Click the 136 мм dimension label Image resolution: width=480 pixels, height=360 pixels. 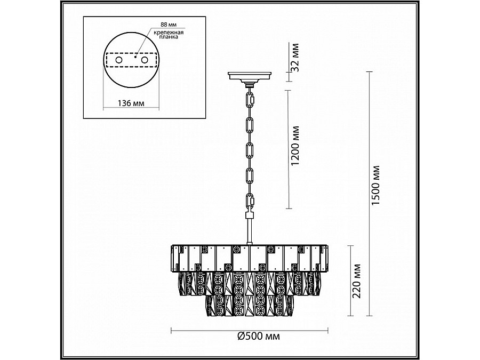pyautogui.click(x=131, y=103)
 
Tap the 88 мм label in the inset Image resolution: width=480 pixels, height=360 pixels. pyautogui.click(x=169, y=25)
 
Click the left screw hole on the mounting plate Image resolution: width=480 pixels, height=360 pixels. pyautogui.click(x=118, y=60)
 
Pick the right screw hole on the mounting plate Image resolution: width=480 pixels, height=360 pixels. pyautogui.click(x=144, y=60)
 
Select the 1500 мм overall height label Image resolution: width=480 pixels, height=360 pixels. pyautogui.click(x=375, y=186)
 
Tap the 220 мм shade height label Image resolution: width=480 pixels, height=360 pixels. pyautogui.click(x=357, y=281)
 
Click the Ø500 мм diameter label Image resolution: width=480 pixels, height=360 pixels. pyautogui.click(x=258, y=337)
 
